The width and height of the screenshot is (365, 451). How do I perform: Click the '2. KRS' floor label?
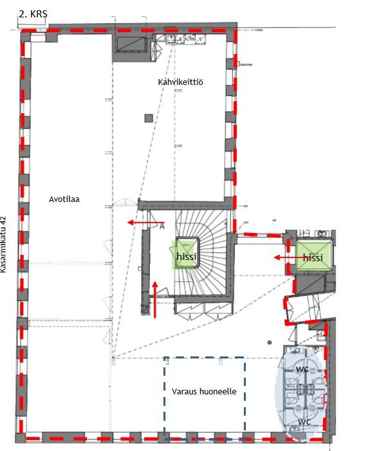33,14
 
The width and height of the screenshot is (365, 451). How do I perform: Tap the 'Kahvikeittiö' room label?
180,82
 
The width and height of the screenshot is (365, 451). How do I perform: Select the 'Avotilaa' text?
64,199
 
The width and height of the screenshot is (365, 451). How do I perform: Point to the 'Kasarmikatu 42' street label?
3,244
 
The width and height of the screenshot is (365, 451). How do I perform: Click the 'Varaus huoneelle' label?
204,391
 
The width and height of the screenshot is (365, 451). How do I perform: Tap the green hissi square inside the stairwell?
186,255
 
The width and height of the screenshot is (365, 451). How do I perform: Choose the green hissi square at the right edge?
314,257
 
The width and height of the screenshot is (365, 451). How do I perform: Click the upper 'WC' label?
302,369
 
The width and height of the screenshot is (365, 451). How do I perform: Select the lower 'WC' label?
304,422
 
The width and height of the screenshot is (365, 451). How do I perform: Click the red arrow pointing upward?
155,299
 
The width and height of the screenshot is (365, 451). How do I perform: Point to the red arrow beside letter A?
146,223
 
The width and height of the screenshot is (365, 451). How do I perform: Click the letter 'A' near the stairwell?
162,226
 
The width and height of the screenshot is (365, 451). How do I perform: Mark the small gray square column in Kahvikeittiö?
149,118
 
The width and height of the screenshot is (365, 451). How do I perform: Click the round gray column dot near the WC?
270,342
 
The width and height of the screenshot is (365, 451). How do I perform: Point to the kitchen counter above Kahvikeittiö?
186,39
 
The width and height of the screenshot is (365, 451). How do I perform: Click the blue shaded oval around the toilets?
301,394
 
